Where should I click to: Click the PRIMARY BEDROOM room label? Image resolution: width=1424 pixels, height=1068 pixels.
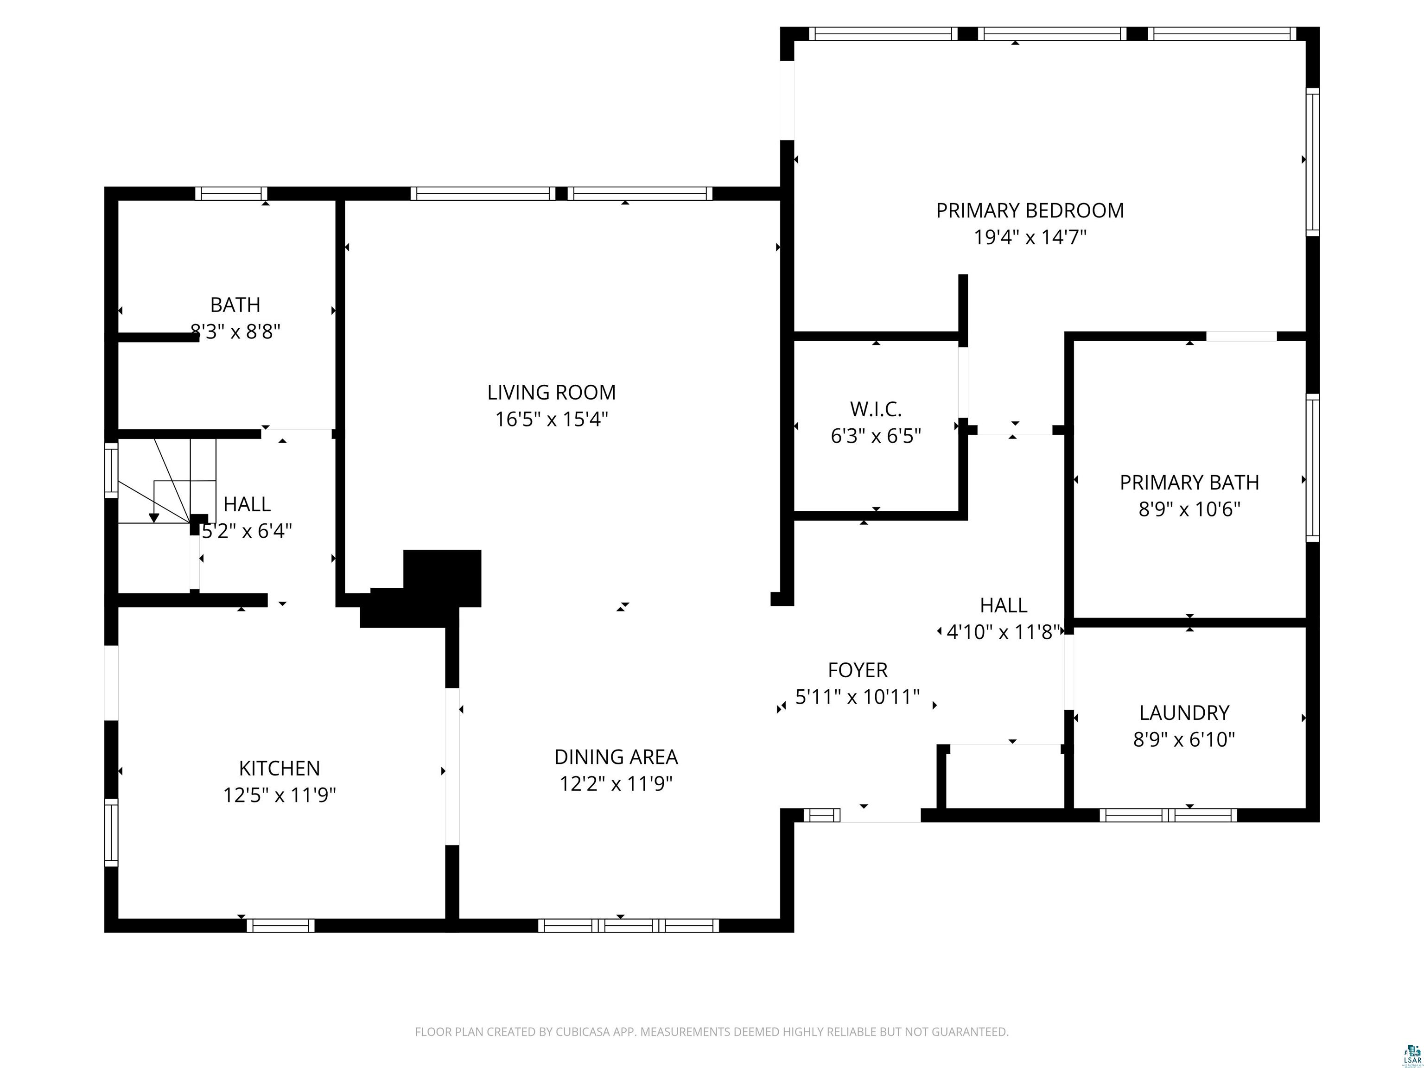click(x=1030, y=210)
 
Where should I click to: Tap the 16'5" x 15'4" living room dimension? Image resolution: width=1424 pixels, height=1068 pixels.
click(x=552, y=419)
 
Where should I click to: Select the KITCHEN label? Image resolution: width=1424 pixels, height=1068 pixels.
click(x=280, y=768)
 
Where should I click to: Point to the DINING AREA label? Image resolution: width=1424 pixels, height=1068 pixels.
click(x=616, y=756)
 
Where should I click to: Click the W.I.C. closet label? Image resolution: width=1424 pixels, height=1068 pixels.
click(x=876, y=409)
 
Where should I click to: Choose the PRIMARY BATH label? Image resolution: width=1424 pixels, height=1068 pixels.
click(x=1189, y=482)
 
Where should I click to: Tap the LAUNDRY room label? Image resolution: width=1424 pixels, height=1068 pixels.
click(x=1184, y=712)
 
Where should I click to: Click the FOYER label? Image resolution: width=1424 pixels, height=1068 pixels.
click(x=858, y=670)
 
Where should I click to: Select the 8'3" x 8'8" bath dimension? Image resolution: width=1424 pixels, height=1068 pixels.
click(x=235, y=331)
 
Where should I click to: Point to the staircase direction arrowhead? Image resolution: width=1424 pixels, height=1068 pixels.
click(x=154, y=518)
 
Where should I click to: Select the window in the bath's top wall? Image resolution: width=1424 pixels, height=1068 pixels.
click(x=231, y=194)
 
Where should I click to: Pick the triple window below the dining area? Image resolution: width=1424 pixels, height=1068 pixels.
click(x=628, y=926)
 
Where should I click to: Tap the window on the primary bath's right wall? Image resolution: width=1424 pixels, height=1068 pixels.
click(x=1312, y=468)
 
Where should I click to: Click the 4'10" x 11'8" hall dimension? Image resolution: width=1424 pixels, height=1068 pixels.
click(x=1004, y=632)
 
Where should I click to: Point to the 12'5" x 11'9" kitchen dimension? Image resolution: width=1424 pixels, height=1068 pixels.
click(x=280, y=795)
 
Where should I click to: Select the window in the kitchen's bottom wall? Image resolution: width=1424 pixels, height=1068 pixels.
click(x=281, y=926)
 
